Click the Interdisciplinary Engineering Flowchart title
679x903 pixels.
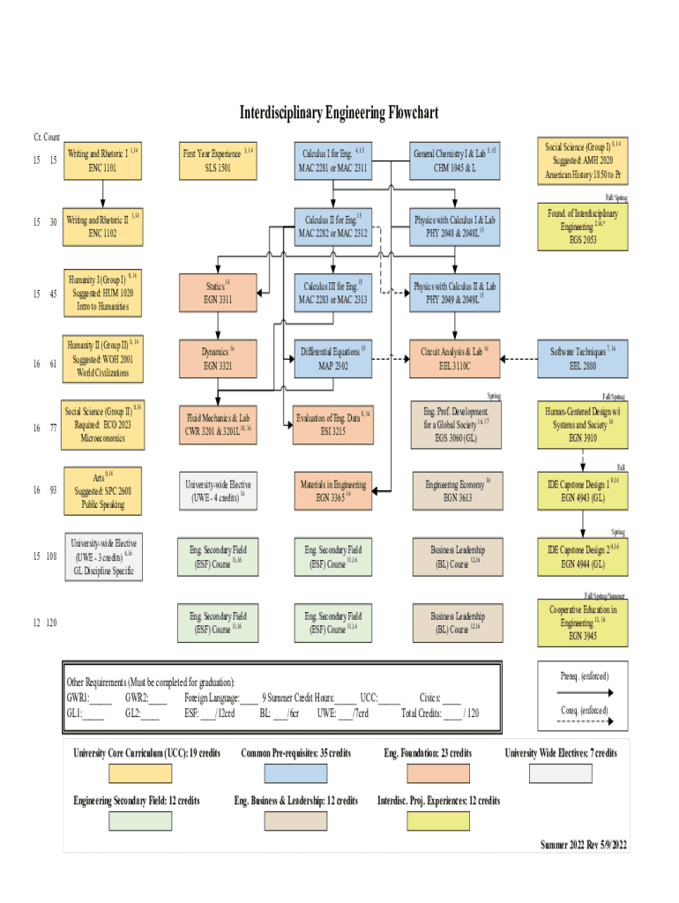(339, 114)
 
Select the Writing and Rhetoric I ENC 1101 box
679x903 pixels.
(102, 160)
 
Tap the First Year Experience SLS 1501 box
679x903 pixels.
(218, 160)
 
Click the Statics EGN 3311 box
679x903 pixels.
(218, 293)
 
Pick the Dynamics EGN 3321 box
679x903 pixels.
(218, 357)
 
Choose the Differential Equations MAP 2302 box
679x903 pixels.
(333, 357)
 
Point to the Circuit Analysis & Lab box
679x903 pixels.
(454, 357)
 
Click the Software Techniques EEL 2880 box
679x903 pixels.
(582, 357)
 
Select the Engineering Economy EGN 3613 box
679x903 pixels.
(454, 490)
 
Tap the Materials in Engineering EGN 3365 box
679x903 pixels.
(333, 490)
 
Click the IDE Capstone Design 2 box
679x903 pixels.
(582, 556)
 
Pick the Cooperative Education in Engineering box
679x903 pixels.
(582, 621)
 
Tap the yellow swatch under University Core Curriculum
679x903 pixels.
(140, 773)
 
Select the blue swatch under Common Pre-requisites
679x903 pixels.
(295, 773)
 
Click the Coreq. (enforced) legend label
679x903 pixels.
(583, 711)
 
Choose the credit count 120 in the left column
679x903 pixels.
(51, 623)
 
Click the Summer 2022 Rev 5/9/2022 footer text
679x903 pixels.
(583, 845)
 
